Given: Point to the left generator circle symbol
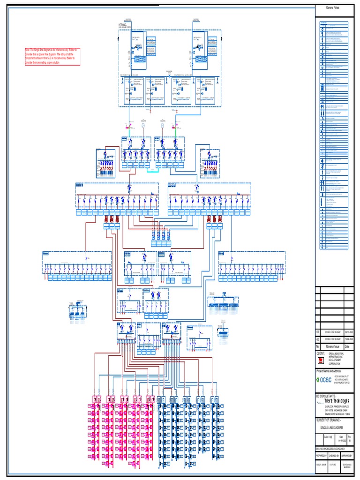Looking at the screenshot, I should (144, 125).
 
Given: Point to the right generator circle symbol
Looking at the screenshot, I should (162, 125).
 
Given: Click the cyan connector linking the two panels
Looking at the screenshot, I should (153, 171).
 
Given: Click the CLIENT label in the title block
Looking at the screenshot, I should (321, 352).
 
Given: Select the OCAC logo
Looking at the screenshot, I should (323, 380).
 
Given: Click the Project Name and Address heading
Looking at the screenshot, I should (333, 371).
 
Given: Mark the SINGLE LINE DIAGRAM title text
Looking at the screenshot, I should (333, 428).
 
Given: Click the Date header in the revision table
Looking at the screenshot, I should (347, 346).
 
